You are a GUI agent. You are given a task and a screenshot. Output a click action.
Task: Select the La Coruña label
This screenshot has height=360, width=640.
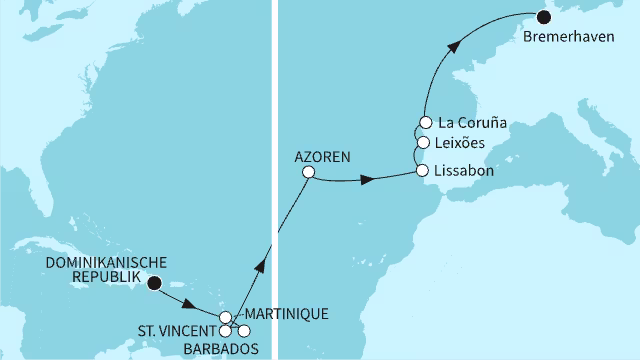pyautogui.click(x=473, y=123)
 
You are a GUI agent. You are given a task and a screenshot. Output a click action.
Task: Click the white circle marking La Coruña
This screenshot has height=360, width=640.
pyautogui.click(x=423, y=125)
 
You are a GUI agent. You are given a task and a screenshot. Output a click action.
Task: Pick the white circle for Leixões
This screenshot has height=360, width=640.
pyautogui.click(x=423, y=142)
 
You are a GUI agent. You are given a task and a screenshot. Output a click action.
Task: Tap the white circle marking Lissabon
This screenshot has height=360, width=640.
pyautogui.click(x=424, y=172)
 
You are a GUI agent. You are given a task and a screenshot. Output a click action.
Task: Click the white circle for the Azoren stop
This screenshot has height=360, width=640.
pyautogui.click(x=308, y=172)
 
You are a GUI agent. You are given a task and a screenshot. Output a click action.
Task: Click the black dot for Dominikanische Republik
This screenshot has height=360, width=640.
pyautogui.click(x=154, y=283)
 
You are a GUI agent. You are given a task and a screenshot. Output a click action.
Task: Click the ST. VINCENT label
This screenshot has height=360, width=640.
pyautogui.click(x=176, y=330)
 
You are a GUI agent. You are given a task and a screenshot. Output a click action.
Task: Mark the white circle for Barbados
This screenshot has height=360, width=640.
pyautogui.click(x=243, y=331)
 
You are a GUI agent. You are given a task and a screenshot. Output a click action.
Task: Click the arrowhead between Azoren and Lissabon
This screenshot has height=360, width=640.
pyautogui.click(x=367, y=180)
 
